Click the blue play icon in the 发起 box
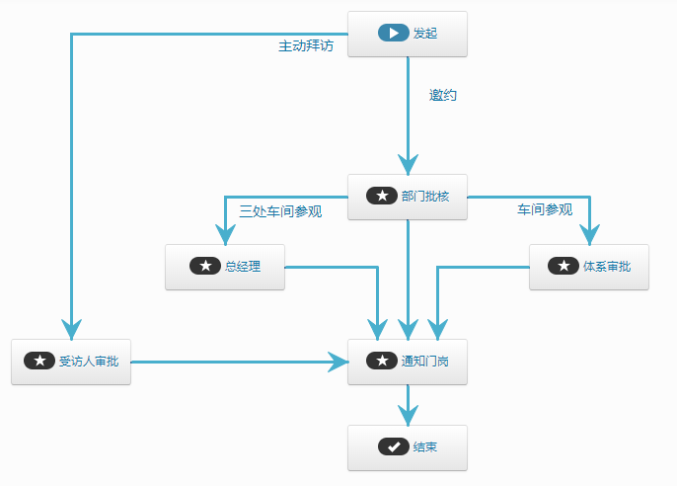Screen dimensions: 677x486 pyautogui.click(x=394, y=33)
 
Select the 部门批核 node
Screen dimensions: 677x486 pyautogui.click(x=408, y=197)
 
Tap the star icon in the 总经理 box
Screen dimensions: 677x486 pyautogui.click(x=205, y=266)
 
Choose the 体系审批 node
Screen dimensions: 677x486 pyautogui.click(x=589, y=267)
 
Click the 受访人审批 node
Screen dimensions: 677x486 pyautogui.click(x=71, y=362)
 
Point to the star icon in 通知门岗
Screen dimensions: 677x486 pyautogui.click(x=382, y=361)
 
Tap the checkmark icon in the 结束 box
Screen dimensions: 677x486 pyautogui.click(x=394, y=446)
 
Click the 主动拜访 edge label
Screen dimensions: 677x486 pyautogui.click(x=306, y=45)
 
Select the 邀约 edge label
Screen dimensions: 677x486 pyautogui.click(x=442, y=95)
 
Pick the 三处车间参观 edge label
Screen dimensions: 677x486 pyautogui.click(x=280, y=211)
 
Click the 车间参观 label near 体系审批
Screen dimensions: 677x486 pyautogui.click(x=545, y=209)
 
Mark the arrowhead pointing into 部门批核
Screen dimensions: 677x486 pyautogui.click(x=408, y=165)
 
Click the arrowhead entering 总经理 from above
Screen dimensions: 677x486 pyautogui.click(x=225, y=234)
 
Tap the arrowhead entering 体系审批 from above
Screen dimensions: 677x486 pyautogui.click(x=590, y=234)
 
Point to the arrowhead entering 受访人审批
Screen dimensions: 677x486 pyautogui.click(x=72, y=329)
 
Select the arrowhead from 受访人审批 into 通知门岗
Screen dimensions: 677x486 pyautogui.click(x=338, y=362)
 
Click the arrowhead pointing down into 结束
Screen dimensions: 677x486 pyautogui.click(x=408, y=415)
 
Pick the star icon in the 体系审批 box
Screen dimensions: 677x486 pyautogui.click(x=564, y=266)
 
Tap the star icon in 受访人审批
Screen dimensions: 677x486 pyautogui.click(x=39, y=361)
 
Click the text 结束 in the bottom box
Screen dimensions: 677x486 pyautogui.click(x=425, y=446)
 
